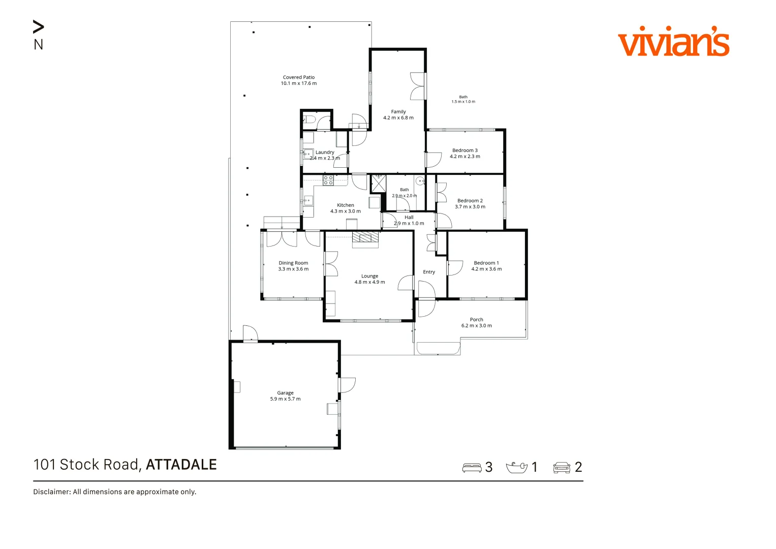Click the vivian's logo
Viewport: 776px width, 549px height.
coord(674,41)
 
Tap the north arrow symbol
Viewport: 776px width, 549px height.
coord(39,26)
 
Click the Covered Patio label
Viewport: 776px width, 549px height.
coord(299,77)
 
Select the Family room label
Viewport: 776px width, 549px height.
coord(398,112)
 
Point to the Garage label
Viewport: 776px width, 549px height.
coord(285,392)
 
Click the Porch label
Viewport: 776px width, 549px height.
coord(476,320)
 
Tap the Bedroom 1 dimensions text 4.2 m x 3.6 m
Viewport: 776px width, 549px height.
coord(486,269)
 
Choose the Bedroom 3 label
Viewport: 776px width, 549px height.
coord(465,150)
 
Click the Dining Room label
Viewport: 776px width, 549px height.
coord(293,263)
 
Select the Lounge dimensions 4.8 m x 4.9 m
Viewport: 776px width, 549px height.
coord(369,282)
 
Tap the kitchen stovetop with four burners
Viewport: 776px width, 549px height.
coord(328,180)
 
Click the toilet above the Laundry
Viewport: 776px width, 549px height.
coord(309,120)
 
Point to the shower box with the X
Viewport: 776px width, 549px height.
coord(379,184)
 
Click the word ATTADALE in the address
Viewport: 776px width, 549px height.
coord(181,465)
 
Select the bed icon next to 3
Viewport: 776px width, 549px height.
coord(472,468)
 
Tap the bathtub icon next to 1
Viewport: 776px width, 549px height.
coord(516,468)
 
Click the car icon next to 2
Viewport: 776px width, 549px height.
coord(562,468)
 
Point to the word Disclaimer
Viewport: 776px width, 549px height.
coord(52,492)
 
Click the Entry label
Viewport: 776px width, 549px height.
coord(429,272)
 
